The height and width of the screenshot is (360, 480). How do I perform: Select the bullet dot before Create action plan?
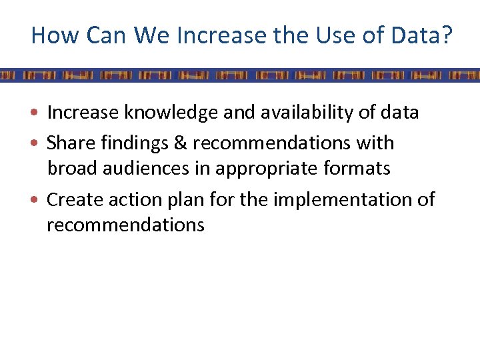coord(39,200)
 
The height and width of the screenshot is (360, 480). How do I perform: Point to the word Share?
coord(69,143)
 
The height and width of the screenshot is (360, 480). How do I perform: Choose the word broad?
coord(72,169)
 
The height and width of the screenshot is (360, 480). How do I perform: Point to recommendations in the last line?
coord(125,225)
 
